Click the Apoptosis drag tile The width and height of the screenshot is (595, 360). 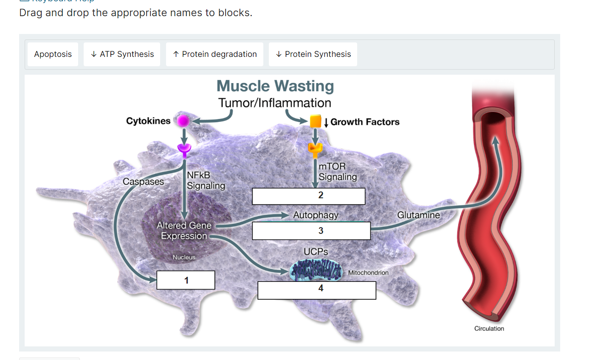(53, 54)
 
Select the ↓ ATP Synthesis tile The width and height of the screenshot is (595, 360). (122, 54)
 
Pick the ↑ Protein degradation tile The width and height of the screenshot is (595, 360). (214, 54)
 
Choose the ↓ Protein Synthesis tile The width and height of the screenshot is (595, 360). (313, 54)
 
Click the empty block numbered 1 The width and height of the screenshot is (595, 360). (186, 280)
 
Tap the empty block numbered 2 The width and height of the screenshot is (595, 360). (309, 196)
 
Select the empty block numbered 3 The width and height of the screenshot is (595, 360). (311, 231)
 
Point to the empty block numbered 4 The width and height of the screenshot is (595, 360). (317, 290)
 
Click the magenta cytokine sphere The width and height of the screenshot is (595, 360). (183, 121)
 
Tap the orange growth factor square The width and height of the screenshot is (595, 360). (316, 121)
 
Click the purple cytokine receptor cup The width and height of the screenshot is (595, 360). (184, 149)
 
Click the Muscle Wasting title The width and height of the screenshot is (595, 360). (275, 86)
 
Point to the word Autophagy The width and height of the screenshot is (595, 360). (316, 215)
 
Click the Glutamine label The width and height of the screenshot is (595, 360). (418, 215)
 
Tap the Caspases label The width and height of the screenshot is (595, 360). (143, 182)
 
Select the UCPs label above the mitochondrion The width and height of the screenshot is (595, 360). (316, 252)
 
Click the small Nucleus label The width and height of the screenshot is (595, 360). (184, 257)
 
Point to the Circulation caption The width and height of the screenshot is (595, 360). (489, 329)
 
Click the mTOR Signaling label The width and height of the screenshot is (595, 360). (338, 172)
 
